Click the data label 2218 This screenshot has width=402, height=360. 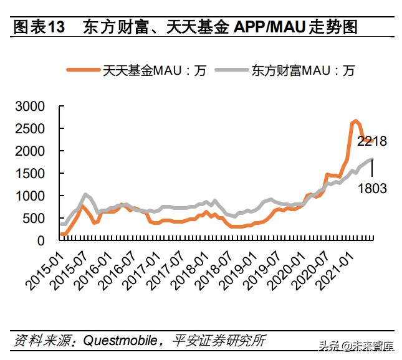click(x=372, y=141)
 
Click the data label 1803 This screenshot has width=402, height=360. click(x=372, y=187)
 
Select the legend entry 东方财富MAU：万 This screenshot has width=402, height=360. click(x=303, y=70)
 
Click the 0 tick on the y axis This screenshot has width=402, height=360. click(x=42, y=240)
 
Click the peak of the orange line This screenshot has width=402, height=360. click(x=355, y=121)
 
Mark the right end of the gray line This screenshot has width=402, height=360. click(x=373, y=159)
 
